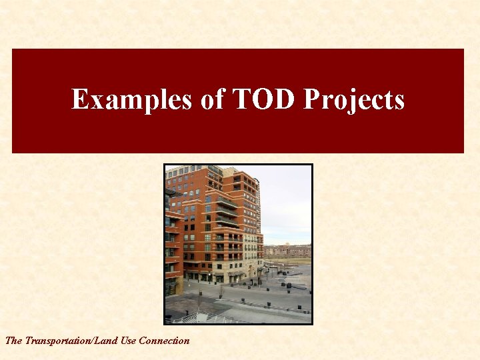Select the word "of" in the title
[212, 100]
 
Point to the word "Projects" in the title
[354, 100]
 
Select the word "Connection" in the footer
[164, 341]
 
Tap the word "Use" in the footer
[131, 341]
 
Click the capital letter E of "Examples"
[80, 100]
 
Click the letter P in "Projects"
[311, 100]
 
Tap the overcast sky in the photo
[287, 200]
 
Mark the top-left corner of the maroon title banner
[13, 49]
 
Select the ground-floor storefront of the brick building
[213, 275]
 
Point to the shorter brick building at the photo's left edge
[171, 247]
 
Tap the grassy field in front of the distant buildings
[293, 261]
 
